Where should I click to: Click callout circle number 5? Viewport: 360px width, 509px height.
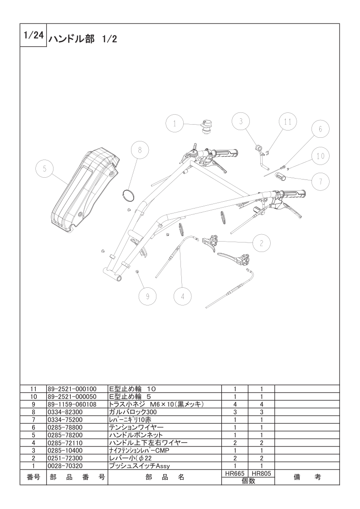44,169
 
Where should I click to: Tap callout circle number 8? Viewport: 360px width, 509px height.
140,150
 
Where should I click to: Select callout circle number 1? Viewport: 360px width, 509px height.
175,124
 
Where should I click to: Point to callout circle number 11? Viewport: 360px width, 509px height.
288,122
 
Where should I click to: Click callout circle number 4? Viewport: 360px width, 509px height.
182,296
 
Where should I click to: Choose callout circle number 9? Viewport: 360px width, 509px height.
147,296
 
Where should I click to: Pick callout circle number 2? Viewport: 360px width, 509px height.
262,243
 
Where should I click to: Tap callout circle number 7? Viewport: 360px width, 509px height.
321,181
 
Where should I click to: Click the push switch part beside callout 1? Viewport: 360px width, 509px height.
205,126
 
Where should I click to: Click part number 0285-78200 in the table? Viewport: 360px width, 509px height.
65,435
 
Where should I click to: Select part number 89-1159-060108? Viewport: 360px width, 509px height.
72,404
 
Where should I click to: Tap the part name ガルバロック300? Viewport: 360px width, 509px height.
133,412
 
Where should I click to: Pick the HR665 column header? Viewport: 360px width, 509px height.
235,474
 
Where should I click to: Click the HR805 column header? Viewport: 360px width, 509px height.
261,474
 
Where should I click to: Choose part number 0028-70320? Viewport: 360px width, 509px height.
65,466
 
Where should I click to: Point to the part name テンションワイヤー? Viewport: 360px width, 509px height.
136,427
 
